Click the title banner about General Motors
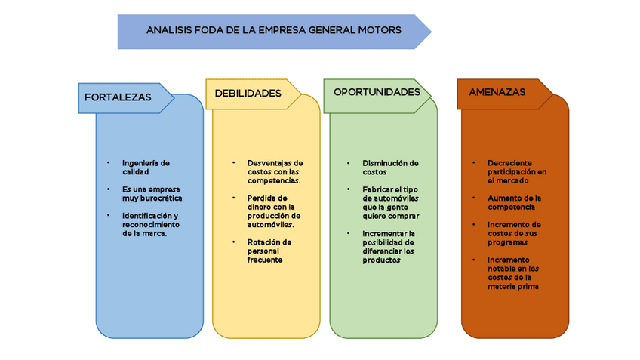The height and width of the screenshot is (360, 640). point(273,32)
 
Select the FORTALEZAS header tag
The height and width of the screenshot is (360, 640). point(118,97)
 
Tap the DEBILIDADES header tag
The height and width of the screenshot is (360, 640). point(248,94)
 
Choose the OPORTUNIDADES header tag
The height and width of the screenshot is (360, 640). point(377,92)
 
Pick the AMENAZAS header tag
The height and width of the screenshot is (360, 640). point(497,92)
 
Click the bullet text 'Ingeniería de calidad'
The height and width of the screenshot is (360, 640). point(146,167)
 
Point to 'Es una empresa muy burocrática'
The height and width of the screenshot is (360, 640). point(152,193)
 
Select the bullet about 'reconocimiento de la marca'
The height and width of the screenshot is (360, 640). point(151,224)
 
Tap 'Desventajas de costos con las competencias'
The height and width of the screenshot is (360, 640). point(275,171)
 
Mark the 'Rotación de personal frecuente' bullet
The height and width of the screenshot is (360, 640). point(269,251)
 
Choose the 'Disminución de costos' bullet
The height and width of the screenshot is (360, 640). point(389,167)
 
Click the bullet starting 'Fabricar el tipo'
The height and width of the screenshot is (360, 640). point(390,202)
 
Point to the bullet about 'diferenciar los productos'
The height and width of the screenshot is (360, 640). point(388,247)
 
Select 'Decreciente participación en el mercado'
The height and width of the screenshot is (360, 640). point(517,171)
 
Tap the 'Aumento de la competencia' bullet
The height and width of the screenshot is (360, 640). point(514,202)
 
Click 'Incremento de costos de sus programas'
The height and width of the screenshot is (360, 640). point(514,233)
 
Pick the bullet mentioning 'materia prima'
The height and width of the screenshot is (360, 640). point(513,272)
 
